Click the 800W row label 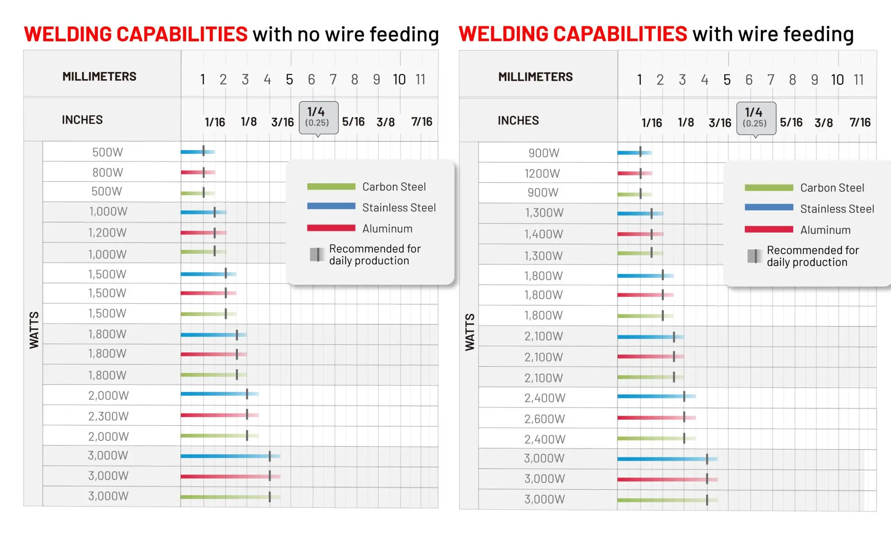click(107, 173)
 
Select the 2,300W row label click(108, 416)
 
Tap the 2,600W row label click(544, 419)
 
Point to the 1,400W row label click(543, 234)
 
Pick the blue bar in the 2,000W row click(213, 394)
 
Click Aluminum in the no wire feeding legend click(387, 229)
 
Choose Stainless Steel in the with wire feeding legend click(837, 209)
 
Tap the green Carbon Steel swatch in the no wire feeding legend click(331, 187)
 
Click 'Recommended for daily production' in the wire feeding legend click(812, 256)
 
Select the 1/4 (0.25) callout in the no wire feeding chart click(318, 117)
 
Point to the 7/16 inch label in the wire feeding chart click(860, 123)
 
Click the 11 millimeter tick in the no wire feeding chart click(420, 80)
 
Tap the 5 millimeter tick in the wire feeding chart click(727, 80)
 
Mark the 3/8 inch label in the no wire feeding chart click(385, 122)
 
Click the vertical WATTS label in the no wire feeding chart click(34, 330)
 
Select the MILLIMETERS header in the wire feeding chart click(535, 77)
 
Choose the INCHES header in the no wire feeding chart click(82, 120)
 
